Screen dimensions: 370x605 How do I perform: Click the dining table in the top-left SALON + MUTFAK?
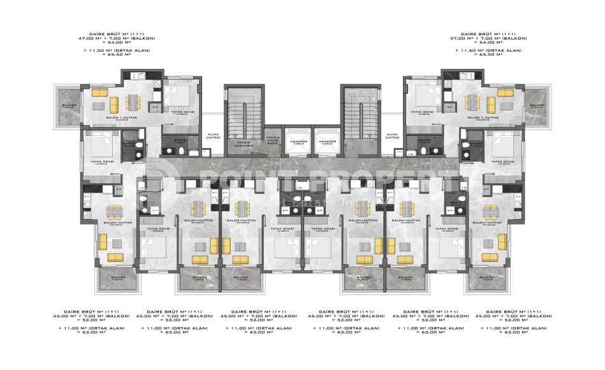[133, 101]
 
